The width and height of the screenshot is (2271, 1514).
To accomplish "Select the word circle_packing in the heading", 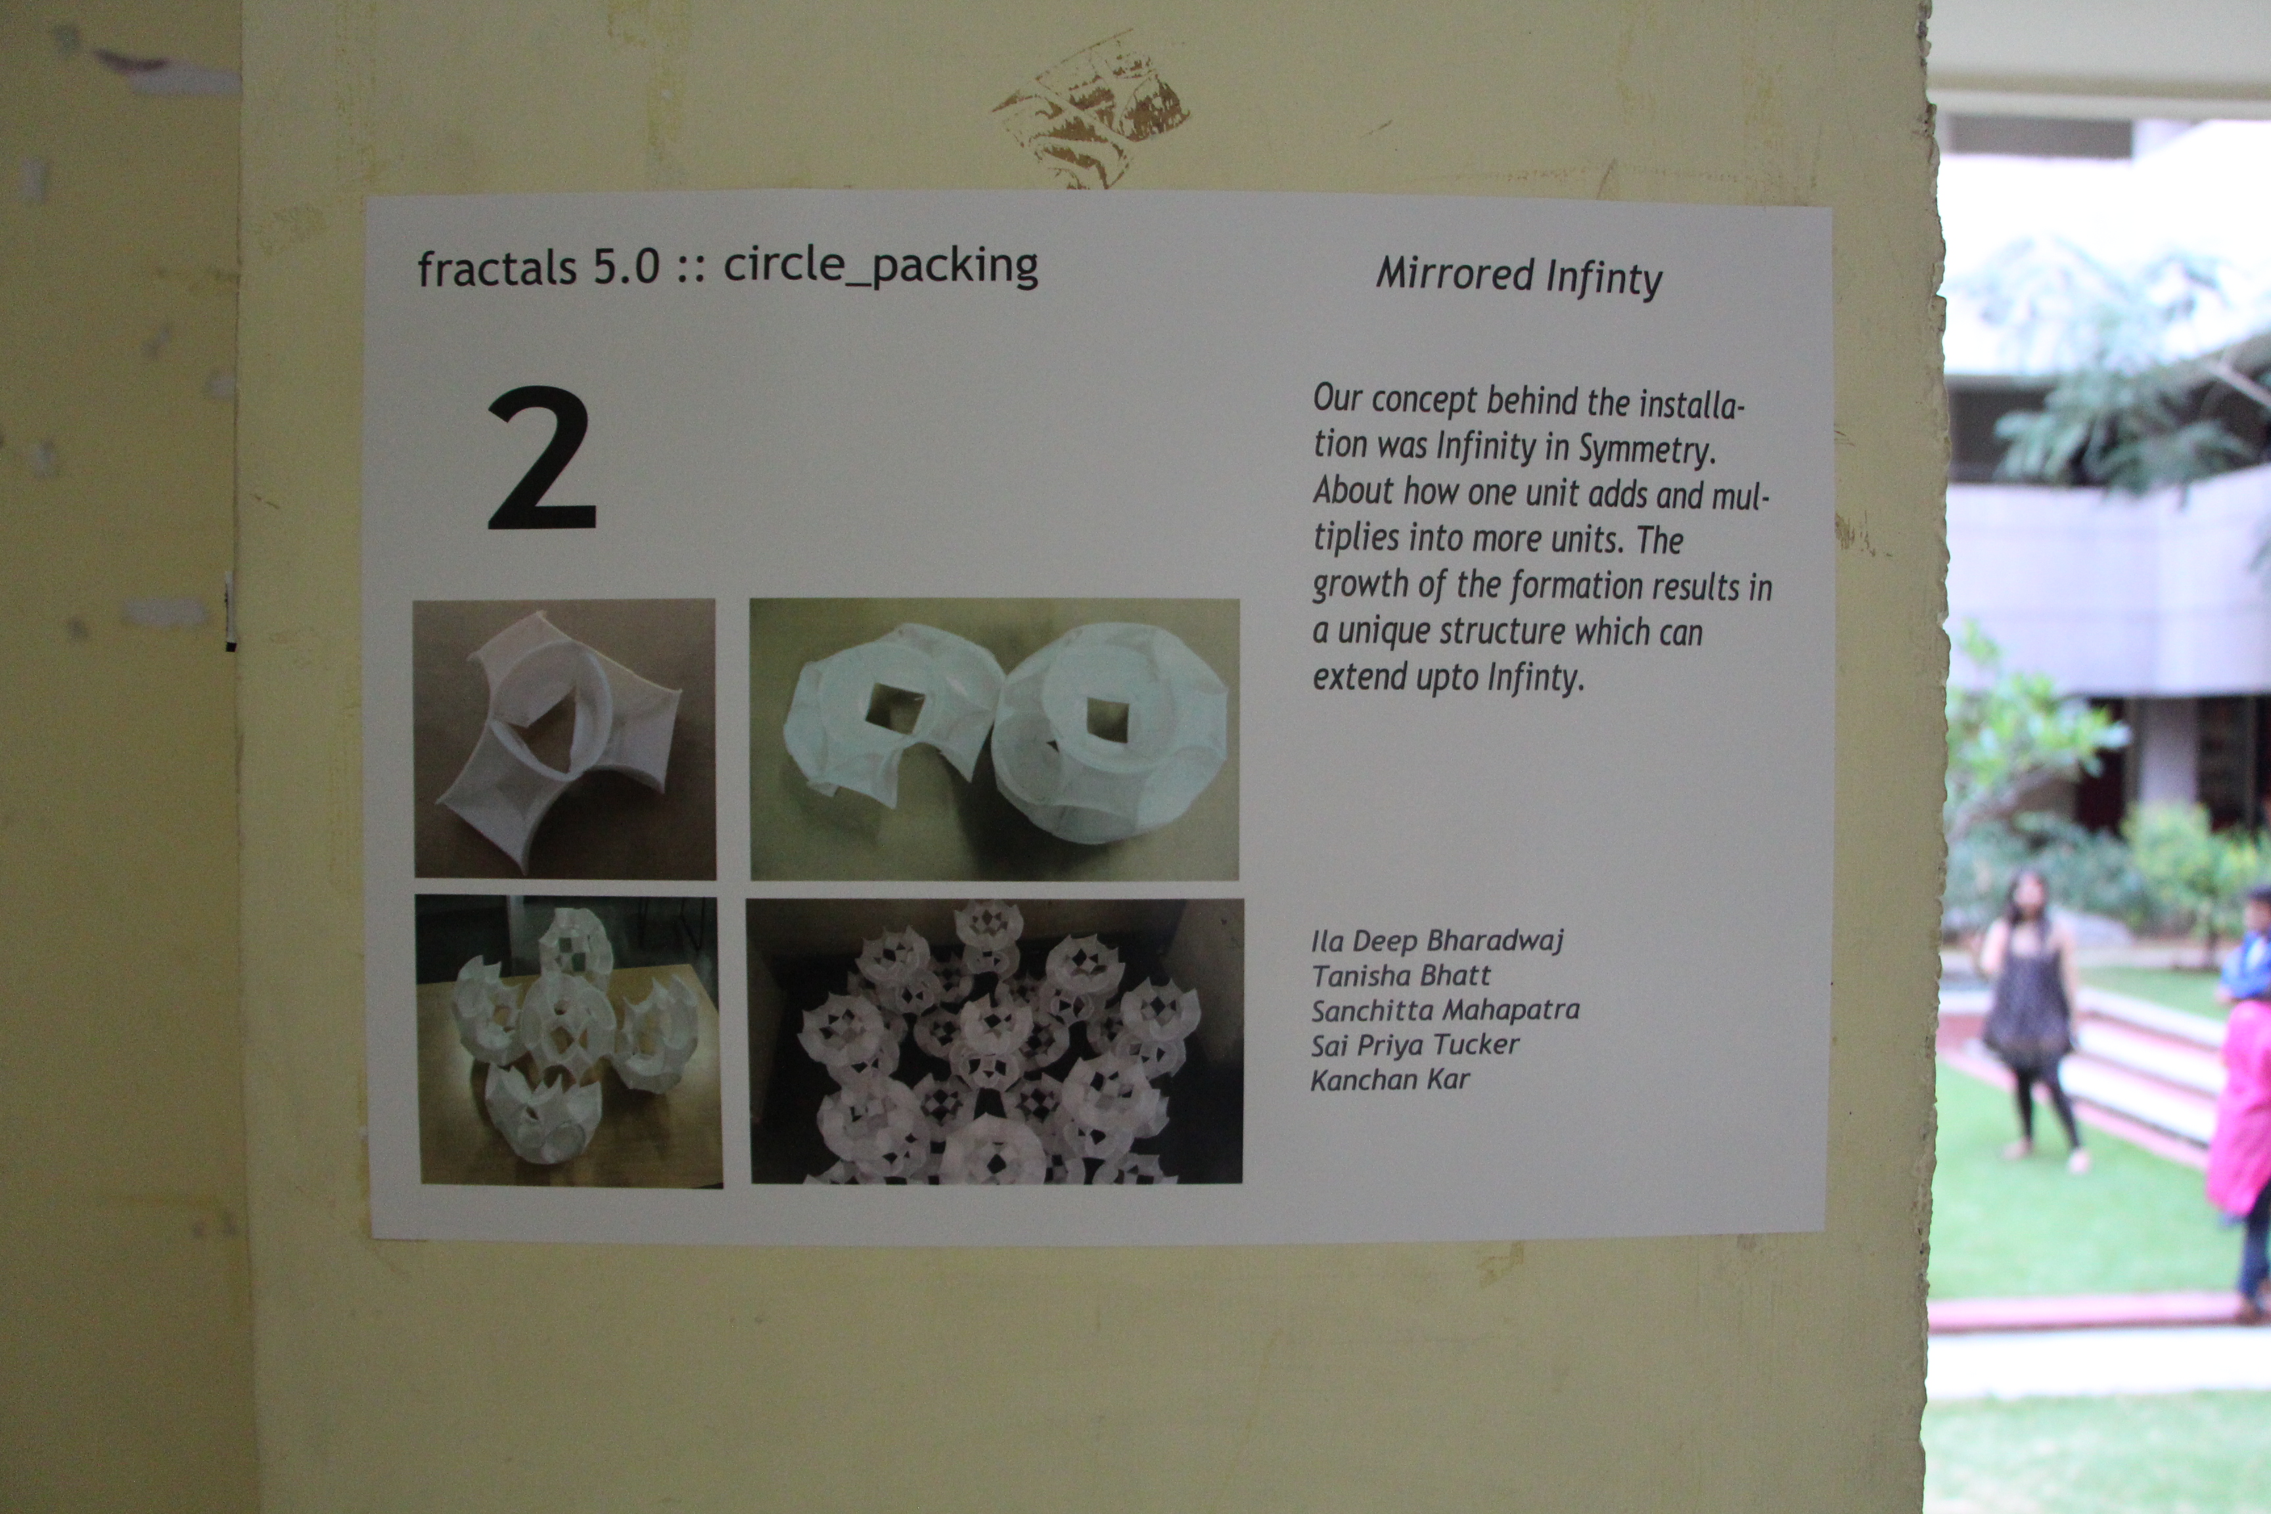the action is (x=881, y=265).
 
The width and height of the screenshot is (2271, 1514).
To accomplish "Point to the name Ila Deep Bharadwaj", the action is (x=1436, y=940).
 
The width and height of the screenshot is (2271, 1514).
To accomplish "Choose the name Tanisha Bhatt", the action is (x=1400, y=975).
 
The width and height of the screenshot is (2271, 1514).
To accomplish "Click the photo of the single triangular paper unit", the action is (x=565, y=739).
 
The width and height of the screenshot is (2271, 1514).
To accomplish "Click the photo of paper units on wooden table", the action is (x=568, y=1041).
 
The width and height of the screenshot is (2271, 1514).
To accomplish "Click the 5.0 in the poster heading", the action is (x=626, y=267).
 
